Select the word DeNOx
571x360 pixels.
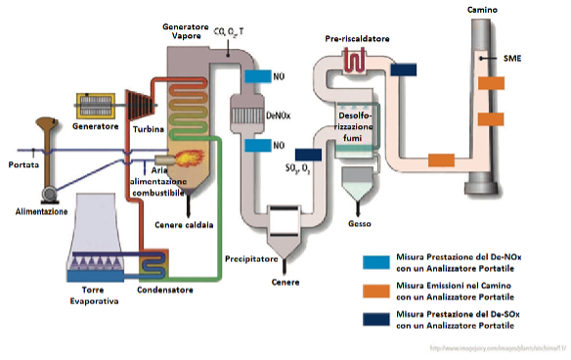click(278, 113)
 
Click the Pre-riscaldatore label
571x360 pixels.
click(357, 38)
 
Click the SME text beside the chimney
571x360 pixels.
click(511, 58)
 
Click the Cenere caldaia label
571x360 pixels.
click(184, 224)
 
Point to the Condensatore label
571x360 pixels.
click(163, 290)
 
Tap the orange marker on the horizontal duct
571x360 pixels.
click(442, 159)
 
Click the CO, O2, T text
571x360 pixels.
click(231, 32)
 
